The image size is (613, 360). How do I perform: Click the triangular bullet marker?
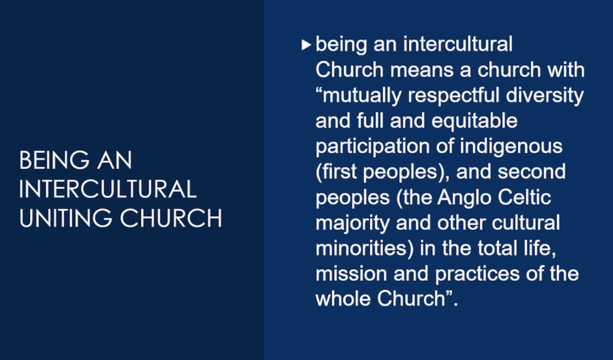click(x=306, y=45)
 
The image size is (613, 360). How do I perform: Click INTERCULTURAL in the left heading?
click(x=107, y=190)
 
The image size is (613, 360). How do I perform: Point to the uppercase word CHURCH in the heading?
click(x=171, y=218)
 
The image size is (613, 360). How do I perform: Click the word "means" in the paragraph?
click(x=422, y=71)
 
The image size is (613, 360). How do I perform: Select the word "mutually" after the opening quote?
click(x=362, y=96)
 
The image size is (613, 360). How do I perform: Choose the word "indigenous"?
click(x=511, y=147)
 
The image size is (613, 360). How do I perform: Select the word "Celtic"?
click(x=524, y=197)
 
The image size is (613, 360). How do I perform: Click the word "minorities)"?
click(x=364, y=249)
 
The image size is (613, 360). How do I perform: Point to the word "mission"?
click(x=351, y=274)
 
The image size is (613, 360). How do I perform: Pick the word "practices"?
click(x=478, y=274)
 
